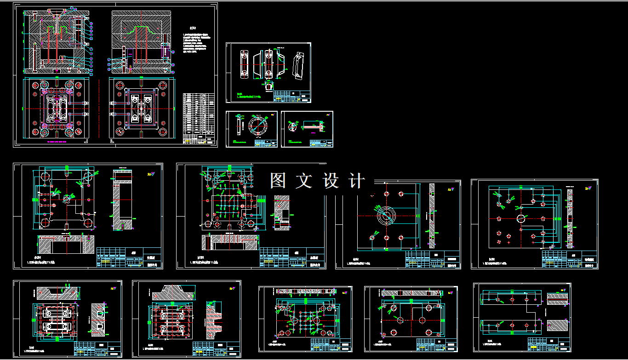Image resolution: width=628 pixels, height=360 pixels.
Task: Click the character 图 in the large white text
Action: (278, 181)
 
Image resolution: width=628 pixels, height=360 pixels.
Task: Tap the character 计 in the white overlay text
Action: (357, 181)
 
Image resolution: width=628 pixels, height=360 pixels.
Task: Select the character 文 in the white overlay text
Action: (304, 181)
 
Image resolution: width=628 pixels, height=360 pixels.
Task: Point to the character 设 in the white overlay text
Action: (331, 181)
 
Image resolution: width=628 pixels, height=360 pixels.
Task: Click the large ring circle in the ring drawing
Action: (257, 124)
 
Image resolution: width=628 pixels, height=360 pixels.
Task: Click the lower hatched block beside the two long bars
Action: (557, 325)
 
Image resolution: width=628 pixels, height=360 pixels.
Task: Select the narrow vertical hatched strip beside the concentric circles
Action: (432, 216)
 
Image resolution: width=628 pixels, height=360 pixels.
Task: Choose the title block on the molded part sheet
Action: (292, 97)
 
